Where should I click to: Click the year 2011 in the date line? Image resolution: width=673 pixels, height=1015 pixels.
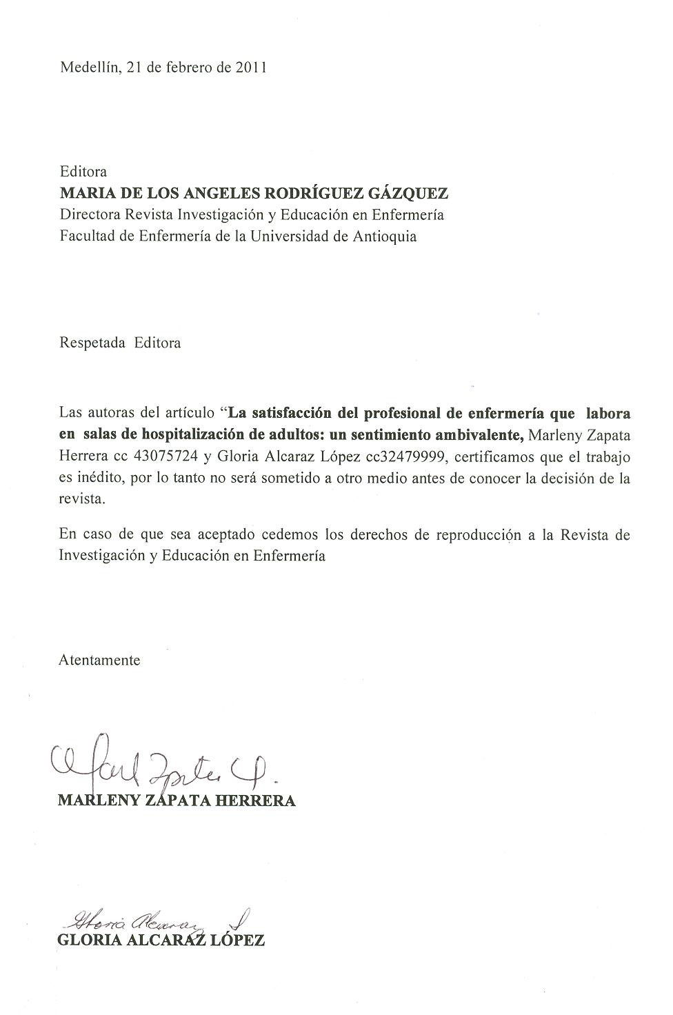click(251, 68)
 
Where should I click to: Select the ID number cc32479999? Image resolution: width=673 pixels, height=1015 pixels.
click(399, 456)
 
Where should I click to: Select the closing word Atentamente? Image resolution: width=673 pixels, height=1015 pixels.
click(99, 660)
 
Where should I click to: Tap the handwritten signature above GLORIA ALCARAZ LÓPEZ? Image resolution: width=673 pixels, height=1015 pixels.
click(159, 919)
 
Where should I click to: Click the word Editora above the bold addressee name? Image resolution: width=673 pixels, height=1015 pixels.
click(83, 171)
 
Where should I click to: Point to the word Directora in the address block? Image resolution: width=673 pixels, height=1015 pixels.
click(90, 214)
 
